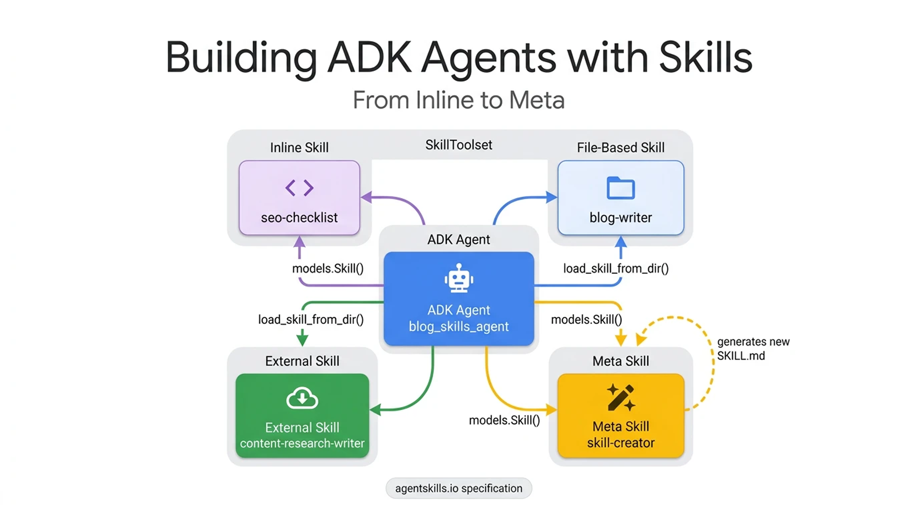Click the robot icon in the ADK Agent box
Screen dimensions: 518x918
click(x=459, y=278)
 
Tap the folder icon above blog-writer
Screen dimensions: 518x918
click(x=620, y=188)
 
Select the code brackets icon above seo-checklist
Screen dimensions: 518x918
click(x=299, y=188)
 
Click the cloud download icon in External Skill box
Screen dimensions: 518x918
click(x=302, y=398)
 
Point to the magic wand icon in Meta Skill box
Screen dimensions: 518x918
click(x=621, y=397)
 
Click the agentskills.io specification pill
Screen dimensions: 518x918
click(x=459, y=488)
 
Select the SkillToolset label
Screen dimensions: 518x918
click(x=459, y=145)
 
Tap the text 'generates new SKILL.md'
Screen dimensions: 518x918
click(x=752, y=349)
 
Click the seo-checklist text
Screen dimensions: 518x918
click(x=299, y=217)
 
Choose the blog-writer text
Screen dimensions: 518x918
click(x=620, y=217)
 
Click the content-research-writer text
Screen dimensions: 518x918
click(x=302, y=443)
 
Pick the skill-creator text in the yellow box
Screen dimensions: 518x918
click(x=621, y=443)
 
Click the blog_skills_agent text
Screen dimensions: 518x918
click(x=459, y=326)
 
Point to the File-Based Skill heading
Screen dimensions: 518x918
click(x=620, y=148)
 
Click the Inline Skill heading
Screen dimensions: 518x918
click(x=299, y=148)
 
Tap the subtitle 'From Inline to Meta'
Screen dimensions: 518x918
click(x=459, y=100)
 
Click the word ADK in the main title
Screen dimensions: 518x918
click(x=369, y=58)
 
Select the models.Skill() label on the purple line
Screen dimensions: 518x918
click(x=328, y=268)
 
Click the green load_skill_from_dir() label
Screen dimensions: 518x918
click(x=311, y=319)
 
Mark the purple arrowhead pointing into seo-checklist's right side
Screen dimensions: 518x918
click(x=366, y=197)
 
